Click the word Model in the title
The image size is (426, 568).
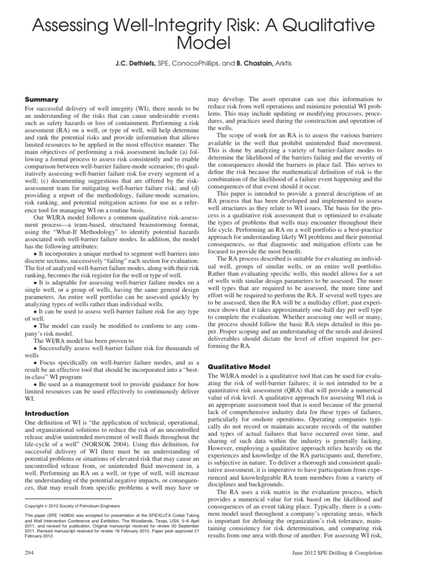pyautogui.click(x=212, y=44)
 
